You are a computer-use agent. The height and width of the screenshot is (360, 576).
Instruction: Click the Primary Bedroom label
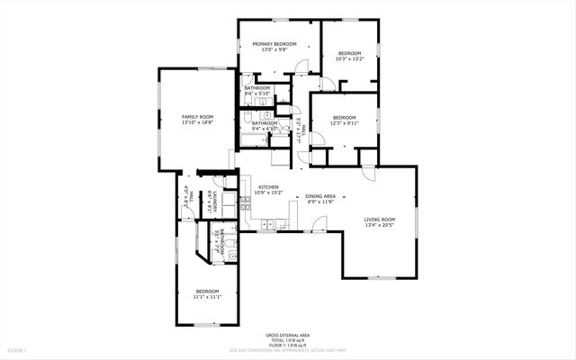(x=275, y=43)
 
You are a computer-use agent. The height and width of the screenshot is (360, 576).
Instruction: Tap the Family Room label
(x=197, y=117)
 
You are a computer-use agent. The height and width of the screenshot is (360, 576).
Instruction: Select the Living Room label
(x=379, y=220)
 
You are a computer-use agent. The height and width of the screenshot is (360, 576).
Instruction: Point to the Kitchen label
(x=267, y=186)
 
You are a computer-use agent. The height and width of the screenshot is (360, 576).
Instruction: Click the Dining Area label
(x=320, y=196)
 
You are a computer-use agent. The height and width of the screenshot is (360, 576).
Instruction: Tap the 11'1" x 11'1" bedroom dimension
(x=208, y=297)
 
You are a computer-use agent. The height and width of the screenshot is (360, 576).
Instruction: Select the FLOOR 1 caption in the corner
(x=17, y=349)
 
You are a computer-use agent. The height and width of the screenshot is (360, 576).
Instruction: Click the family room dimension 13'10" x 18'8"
(x=197, y=122)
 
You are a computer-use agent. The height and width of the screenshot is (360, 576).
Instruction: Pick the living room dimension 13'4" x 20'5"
(x=379, y=225)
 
